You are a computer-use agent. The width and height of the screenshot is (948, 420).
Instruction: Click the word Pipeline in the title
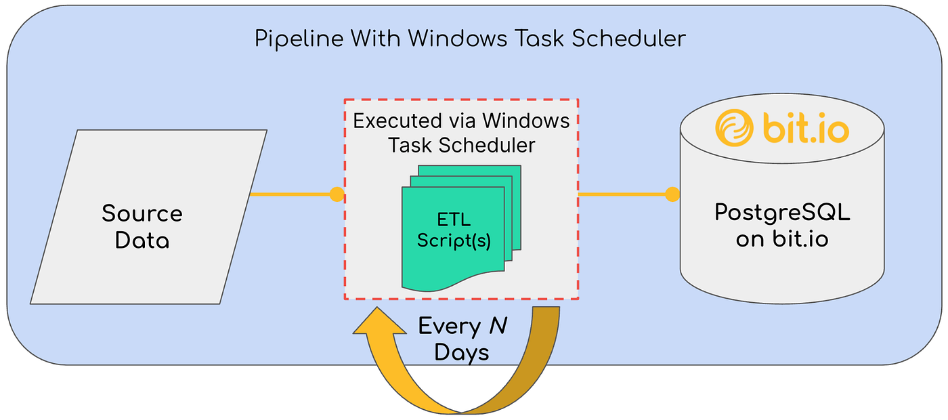pos(294,39)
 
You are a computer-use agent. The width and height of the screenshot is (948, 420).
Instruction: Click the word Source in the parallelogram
pos(142,214)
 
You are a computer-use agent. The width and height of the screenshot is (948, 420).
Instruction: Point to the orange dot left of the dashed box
pos(337,195)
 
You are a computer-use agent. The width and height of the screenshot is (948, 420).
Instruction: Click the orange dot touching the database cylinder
pos(672,195)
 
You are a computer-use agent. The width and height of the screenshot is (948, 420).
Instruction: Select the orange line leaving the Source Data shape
pos(291,195)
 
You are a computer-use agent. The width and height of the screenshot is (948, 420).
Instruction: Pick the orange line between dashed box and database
pos(623,195)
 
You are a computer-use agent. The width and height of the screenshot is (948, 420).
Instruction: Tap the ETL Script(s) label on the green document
pos(453,230)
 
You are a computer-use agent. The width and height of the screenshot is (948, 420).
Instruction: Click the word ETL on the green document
pos(453,220)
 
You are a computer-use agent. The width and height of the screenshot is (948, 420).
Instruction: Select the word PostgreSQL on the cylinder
pos(782,213)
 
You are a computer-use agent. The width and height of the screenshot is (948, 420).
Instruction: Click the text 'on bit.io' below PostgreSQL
pos(782,239)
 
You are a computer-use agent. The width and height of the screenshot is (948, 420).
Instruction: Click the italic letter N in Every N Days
pos(498,327)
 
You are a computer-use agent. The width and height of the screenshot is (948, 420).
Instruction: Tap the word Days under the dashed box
pos(462,352)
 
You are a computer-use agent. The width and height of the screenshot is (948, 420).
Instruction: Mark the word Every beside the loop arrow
pos(449,327)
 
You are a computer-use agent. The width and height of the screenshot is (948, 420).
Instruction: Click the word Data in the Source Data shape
pos(142,240)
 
